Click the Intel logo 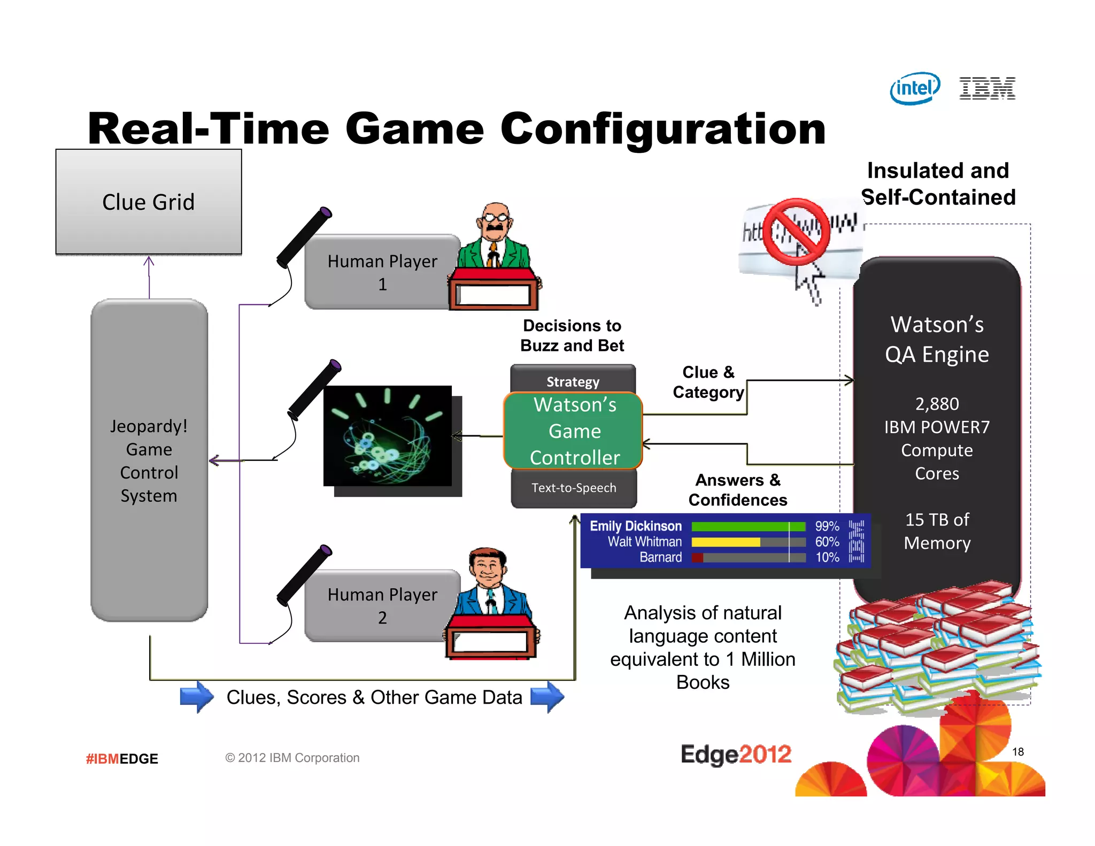click(915, 88)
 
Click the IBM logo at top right click(987, 88)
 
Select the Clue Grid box click(149, 202)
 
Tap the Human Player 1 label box click(382, 272)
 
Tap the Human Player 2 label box click(382, 606)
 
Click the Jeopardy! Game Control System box click(149, 460)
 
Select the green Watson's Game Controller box click(574, 431)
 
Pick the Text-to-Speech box click(574, 488)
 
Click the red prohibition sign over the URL click(796, 232)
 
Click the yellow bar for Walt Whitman click(725, 542)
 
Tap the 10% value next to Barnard click(827, 557)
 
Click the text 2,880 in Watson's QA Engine click(937, 404)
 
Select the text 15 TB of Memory click(937, 531)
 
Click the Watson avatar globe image click(387, 436)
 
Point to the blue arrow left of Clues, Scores click(196, 697)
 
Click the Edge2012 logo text click(736, 755)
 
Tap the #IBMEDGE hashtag click(122, 759)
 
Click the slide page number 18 click(1017, 752)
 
